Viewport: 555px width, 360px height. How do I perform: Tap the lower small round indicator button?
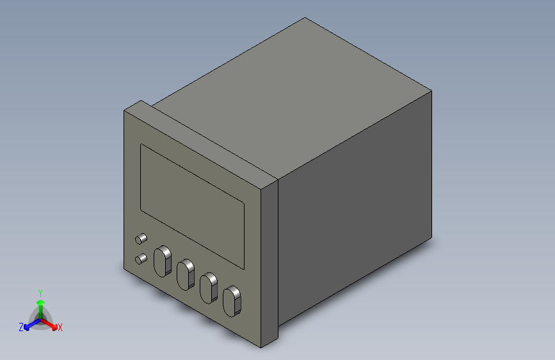coord(140,259)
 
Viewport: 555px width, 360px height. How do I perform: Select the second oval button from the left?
coord(186,274)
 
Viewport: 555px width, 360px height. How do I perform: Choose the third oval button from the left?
coord(209,288)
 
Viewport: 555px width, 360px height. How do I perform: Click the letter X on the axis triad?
coord(60,328)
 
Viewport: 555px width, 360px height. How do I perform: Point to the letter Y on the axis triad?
coord(40,292)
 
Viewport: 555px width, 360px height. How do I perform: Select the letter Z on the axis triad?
coord(21,327)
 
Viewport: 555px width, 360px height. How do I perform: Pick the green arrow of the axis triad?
coord(40,303)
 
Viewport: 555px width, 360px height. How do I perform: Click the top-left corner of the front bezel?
coord(124,111)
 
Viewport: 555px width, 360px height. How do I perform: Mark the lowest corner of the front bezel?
coord(261,347)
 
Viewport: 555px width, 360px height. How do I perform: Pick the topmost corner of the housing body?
coord(306,18)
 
